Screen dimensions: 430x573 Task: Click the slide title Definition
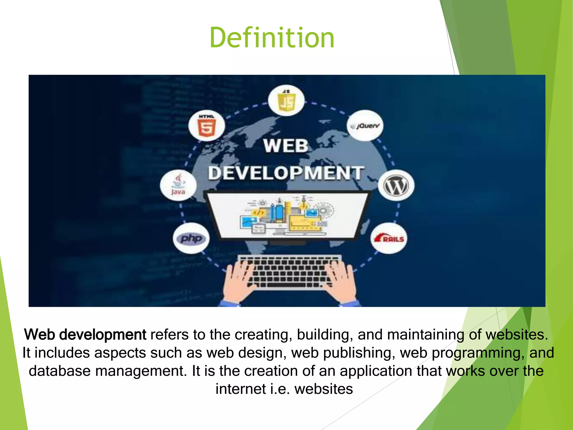[x=272, y=38]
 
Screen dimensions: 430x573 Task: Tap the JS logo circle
[x=286, y=100]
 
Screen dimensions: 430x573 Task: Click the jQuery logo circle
[x=365, y=126]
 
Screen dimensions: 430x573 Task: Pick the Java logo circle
[x=178, y=185]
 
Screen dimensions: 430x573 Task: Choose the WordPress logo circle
[x=396, y=185]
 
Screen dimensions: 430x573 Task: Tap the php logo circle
[x=191, y=238]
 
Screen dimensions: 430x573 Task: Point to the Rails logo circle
[x=389, y=238]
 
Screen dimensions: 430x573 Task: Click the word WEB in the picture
[x=286, y=146]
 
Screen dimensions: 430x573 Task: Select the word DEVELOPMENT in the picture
[x=286, y=173]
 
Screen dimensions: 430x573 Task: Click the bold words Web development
[x=85, y=335]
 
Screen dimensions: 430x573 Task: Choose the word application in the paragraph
[x=376, y=371]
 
